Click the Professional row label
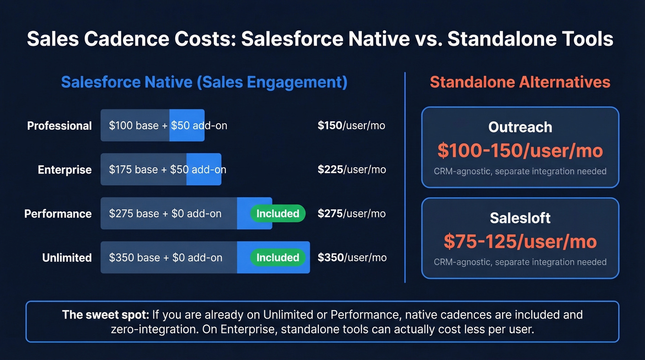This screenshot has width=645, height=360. coord(59,126)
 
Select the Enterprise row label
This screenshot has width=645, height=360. coord(64,170)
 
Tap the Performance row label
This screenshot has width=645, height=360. coord(58,214)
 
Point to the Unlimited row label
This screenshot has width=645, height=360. coord(67,258)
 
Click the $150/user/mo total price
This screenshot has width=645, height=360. coord(351,125)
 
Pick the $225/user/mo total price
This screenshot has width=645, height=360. coord(352,170)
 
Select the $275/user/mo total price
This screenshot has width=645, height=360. coord(352,214)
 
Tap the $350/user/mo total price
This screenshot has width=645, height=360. coord(352,258)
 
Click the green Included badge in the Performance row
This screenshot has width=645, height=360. coord(278,213)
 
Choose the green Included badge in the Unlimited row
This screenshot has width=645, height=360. coord(278,258)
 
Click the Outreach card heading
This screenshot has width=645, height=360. coord(520,127)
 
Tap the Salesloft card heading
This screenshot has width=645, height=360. coord(520,218)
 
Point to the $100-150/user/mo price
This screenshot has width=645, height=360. coord(520,150)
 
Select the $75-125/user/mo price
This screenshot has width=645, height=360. coord(520,241)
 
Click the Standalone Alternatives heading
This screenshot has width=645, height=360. coord(520,83)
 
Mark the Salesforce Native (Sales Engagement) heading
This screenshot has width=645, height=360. coord(204,83)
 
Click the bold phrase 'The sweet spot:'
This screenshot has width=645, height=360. coord(106,315)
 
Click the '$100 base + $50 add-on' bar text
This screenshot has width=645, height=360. coord(168,125)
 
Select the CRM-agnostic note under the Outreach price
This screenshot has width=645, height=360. coord(520,171)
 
